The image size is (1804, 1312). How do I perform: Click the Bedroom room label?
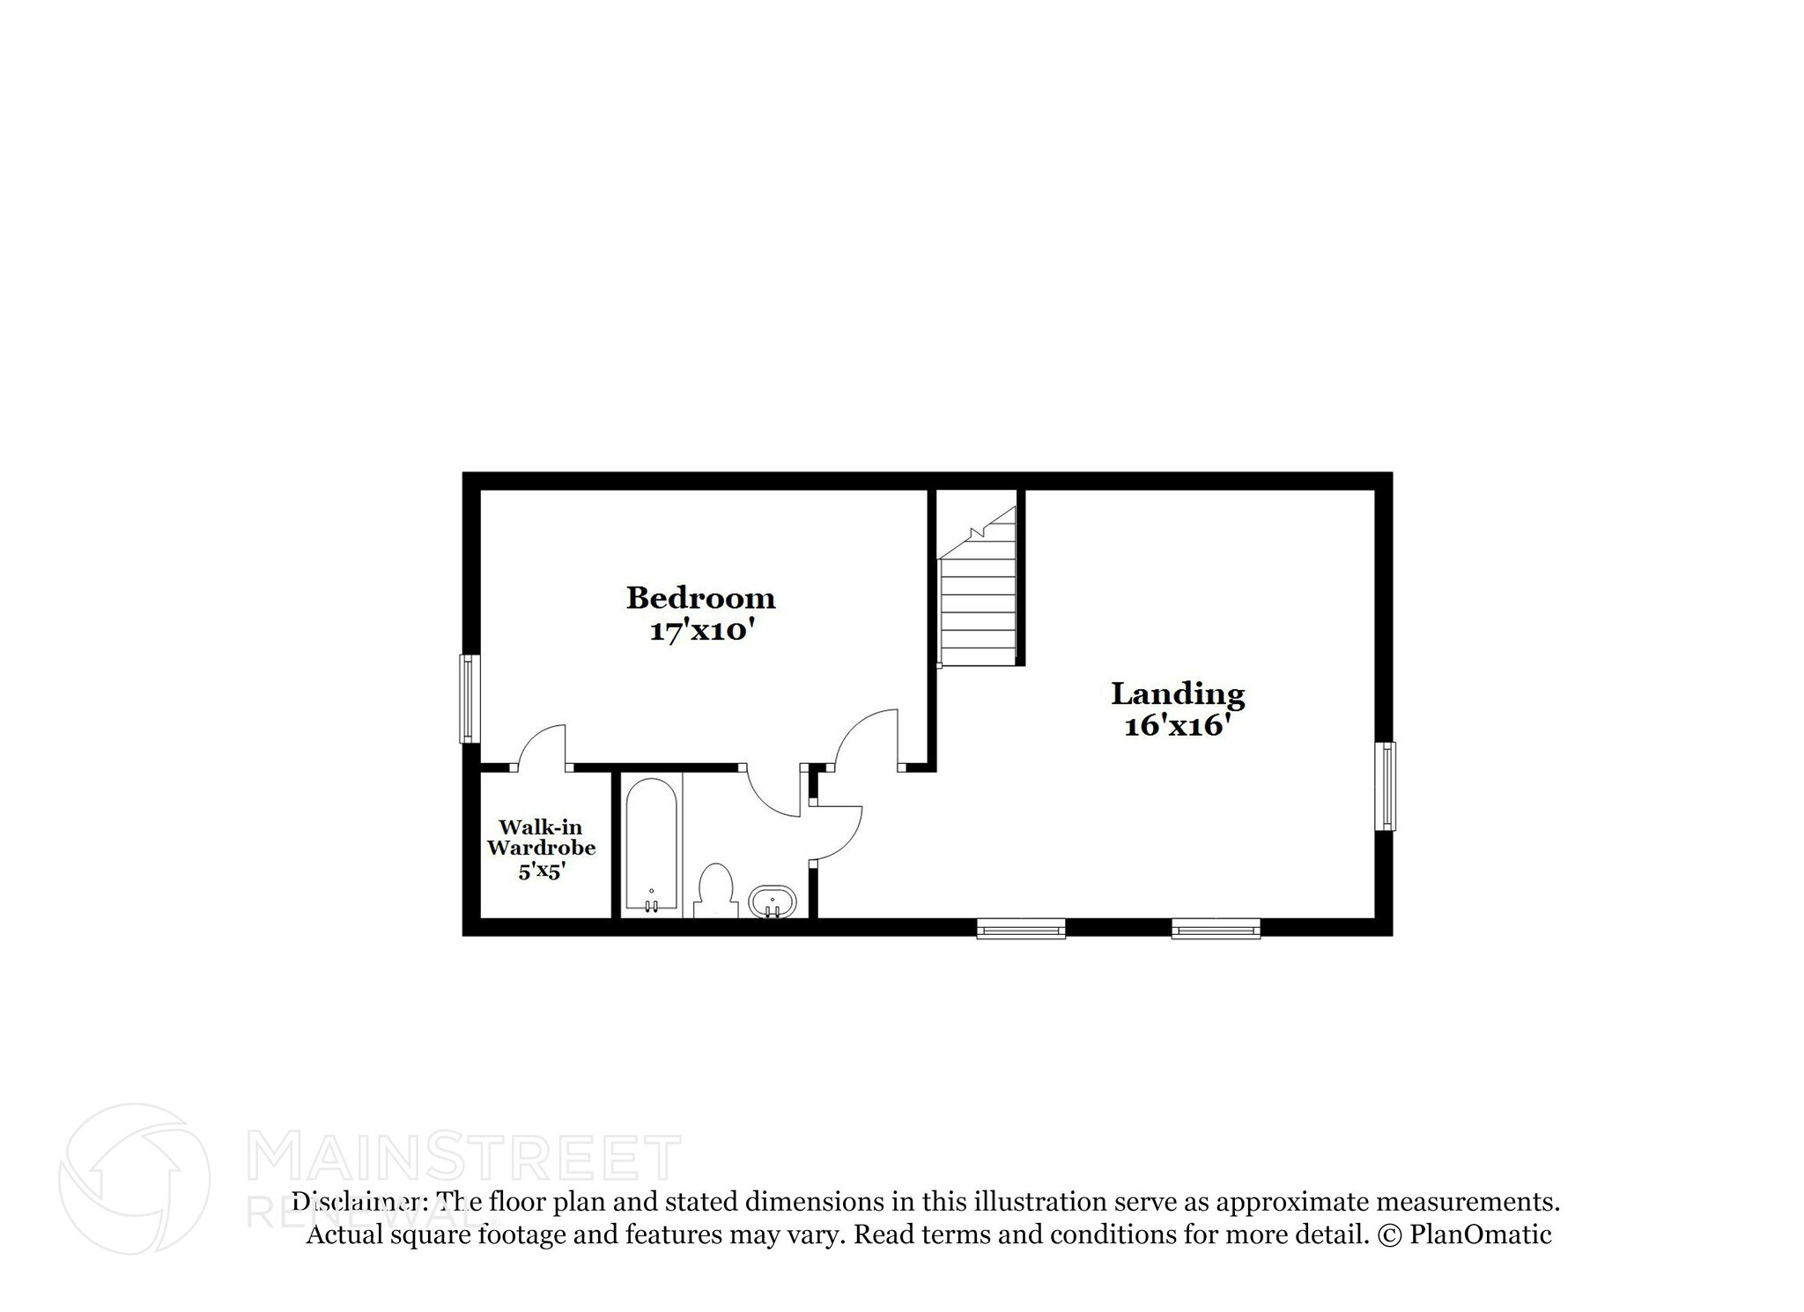(x=700, y=598)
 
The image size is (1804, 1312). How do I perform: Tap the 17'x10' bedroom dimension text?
(x=703, y=631)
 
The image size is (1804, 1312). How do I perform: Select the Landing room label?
(x=1178, y=694)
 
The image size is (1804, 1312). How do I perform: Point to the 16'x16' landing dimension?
(x=1176, y=726)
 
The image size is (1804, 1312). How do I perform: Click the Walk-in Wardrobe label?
(x=541, y=837)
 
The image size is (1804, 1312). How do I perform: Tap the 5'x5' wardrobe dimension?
(x=541, y=871)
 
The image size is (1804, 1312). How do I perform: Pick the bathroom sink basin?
(x=773, y=901)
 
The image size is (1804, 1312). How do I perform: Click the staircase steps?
(x=978, y=608)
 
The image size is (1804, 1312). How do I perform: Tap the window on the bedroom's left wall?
(x=469, y=699)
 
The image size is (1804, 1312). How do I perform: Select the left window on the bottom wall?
(x=1021, y=929)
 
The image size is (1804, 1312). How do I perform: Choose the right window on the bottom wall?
(x=1216, y=929)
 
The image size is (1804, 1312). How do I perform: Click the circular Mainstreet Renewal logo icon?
(x=134, y=1179)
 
